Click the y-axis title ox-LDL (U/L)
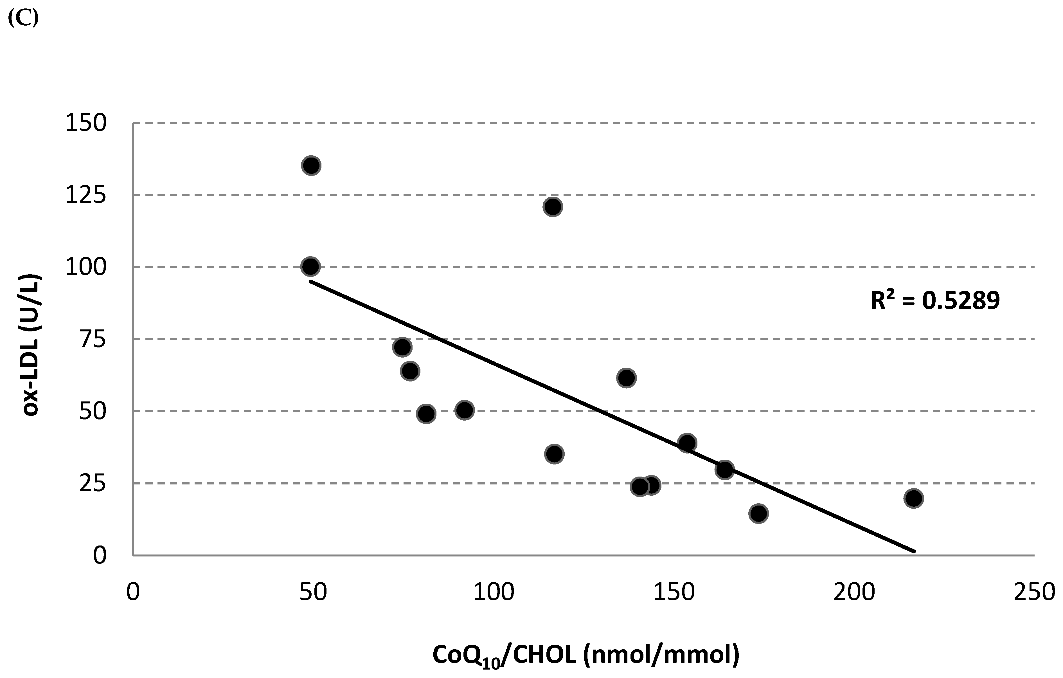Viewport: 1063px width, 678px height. (32, 345)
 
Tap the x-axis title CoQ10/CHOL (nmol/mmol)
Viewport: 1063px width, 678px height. (585, 655)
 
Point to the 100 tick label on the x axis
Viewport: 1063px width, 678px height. (494, 592)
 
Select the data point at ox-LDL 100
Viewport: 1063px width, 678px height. (310, 266)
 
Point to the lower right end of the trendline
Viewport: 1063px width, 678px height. (914, 551)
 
